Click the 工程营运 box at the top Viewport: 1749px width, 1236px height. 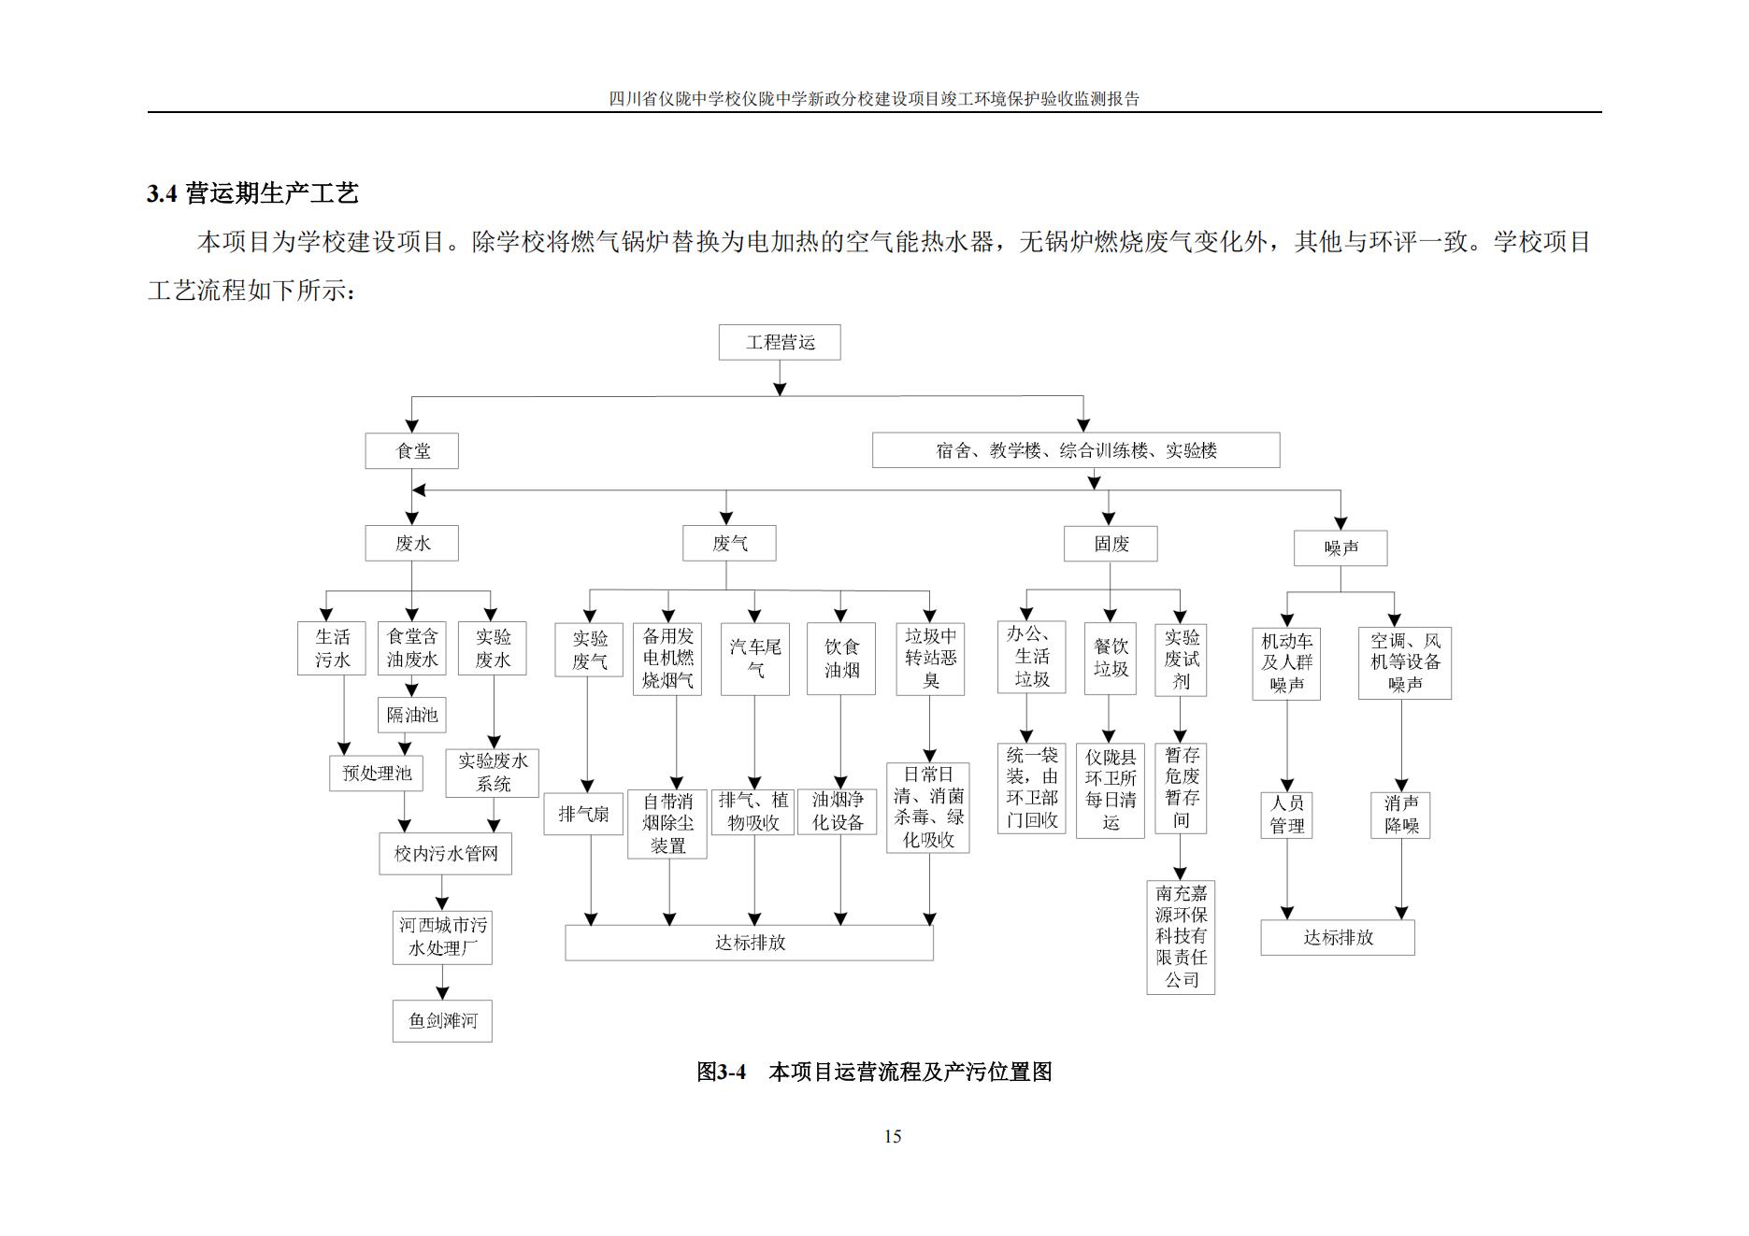pos(779,342)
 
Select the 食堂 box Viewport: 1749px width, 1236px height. pos(411,451)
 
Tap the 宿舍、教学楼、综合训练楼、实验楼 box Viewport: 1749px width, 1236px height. pos(1076,450)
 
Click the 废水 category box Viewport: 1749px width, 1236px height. pos(411,543)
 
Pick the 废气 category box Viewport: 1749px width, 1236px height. pos(729,543)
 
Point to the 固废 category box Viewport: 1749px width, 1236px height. pos(1111,543)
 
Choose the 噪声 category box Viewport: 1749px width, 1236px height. pos(1340,548)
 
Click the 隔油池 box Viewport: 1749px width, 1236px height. pos(412,715)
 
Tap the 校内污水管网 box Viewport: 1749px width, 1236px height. pos(445,854)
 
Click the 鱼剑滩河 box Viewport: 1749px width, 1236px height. pos(442,1021)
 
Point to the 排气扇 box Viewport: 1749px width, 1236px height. pos(583,814)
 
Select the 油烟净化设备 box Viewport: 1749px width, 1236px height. pos(837,811)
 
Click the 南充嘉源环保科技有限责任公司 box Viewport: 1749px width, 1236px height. pos(1181,937)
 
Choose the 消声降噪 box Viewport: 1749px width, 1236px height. pos(1401,815)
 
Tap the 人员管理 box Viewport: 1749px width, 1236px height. pos(1286,815)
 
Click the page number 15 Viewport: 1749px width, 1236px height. pos(893,1136)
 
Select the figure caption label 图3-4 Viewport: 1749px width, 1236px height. pos(722,1072)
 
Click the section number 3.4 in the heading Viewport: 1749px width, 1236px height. pos(162,193)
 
